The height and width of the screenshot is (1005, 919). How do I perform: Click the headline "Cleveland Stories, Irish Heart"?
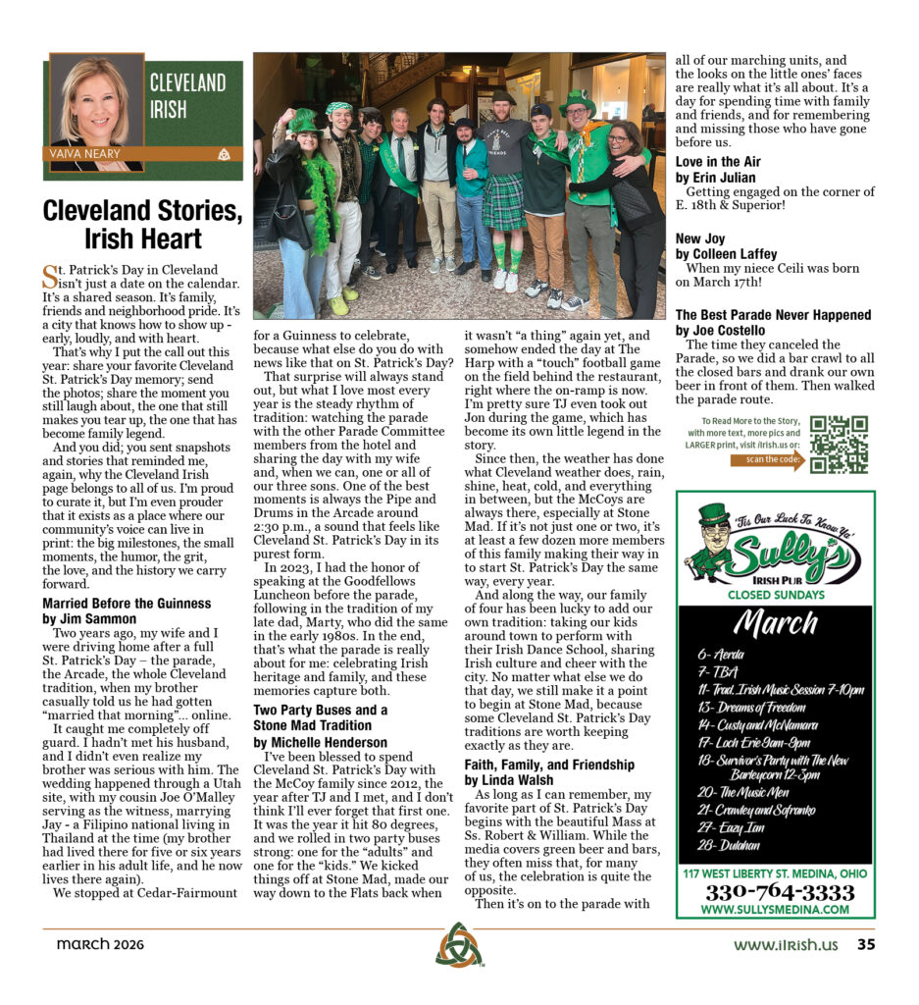point(142,225)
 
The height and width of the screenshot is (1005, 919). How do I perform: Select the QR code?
point(839,445)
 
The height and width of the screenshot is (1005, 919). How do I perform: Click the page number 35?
point(866,945)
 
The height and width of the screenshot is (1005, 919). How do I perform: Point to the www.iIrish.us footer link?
point(786,945)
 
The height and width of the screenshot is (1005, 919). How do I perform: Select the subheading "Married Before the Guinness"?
point(127,603)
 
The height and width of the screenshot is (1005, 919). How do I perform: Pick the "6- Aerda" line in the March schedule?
point(721,654)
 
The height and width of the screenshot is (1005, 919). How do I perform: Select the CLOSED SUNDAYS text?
point(775,594)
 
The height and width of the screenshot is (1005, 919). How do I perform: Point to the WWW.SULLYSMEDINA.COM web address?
point(775,909)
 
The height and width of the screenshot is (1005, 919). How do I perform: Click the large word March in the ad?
point(775,623)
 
